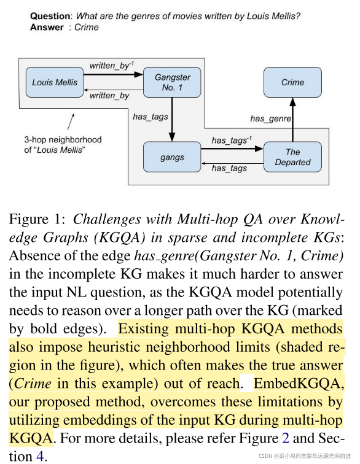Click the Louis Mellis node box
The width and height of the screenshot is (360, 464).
(x=55, y=82)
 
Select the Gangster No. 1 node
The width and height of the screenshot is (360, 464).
(x=172, y=82)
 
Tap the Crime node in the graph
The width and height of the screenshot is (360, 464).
(x=292, y=82)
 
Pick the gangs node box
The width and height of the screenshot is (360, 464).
(x=172, y=157)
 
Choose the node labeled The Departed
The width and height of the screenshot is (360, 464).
(x=292, y=157)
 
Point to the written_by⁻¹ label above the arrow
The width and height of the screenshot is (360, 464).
(x=111, y=65)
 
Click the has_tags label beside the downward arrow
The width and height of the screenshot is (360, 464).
(x=151, y=115)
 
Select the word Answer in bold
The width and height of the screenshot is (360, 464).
(x=47, y=27)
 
